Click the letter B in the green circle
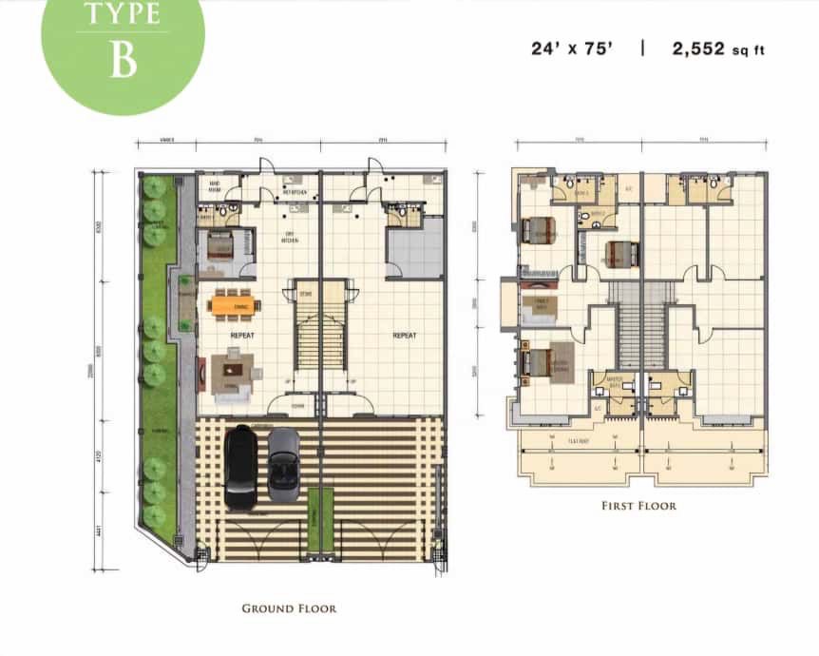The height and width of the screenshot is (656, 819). click(123, 59)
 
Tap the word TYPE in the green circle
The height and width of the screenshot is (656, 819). click(123, 14)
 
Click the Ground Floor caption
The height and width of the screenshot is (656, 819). click(289, 608)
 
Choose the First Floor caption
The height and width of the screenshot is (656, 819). click(639, 506)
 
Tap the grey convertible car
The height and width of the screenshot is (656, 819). click(283, 464)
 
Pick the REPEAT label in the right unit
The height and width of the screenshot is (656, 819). click(406, 336)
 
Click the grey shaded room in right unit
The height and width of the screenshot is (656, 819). click(414, 247)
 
